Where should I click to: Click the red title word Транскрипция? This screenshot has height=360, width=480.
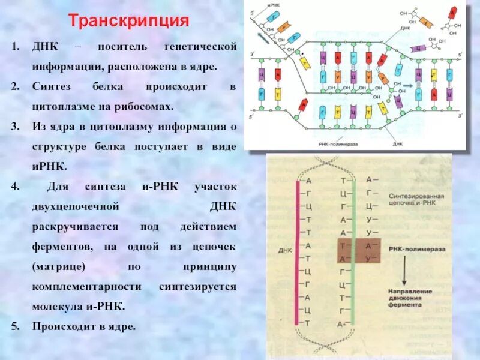point(128,21)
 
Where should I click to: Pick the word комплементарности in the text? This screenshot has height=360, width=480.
point(86,287)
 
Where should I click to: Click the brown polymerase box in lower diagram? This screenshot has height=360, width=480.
point(358,251)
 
